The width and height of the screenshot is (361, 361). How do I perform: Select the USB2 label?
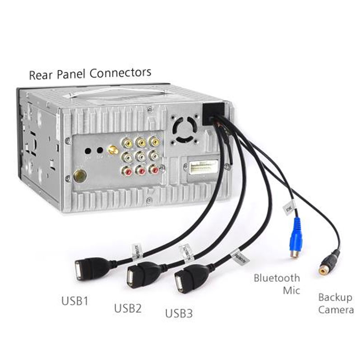pyautogui.click(x=128, y=309)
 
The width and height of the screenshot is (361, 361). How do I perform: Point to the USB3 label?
pyautogui.click(x=179, y=313)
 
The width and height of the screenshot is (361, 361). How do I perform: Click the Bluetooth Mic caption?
pyautogui.click(x=277, y=284)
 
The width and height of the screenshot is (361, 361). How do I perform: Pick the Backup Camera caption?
pyautogui.click(x=335, y=303)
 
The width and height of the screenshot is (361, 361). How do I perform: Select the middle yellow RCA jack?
pyautogui.click(x=141, y=143)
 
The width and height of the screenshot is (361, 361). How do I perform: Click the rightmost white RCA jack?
pyautogui.click(x=154, y=157)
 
